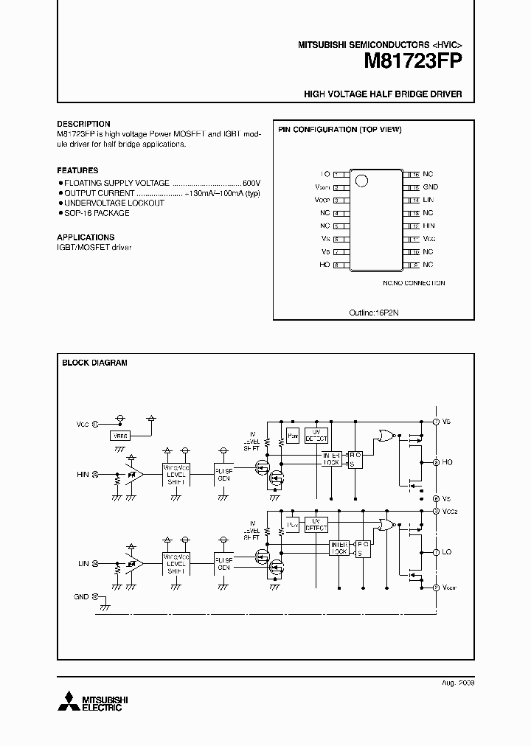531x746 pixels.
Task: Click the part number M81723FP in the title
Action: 413,62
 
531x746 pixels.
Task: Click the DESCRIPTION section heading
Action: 83,124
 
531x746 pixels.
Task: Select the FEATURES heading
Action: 77,170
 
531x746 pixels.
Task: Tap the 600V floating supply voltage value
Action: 251,182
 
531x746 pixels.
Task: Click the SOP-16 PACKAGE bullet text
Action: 97,213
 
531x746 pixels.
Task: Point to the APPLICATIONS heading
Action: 86,237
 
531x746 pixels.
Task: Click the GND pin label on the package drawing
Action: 431,187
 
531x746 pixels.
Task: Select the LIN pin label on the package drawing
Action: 428,200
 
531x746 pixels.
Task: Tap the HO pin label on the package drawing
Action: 324,264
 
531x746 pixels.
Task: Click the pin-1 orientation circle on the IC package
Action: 361,180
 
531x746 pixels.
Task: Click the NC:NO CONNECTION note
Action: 414,282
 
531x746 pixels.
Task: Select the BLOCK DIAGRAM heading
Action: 94,363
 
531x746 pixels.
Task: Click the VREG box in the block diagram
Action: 120,436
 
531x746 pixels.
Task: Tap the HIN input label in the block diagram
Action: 82,474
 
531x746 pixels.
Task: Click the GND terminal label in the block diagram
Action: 81,596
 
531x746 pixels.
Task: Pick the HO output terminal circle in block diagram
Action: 437,462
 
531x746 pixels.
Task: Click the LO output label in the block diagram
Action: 447,551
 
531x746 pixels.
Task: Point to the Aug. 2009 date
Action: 458,683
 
